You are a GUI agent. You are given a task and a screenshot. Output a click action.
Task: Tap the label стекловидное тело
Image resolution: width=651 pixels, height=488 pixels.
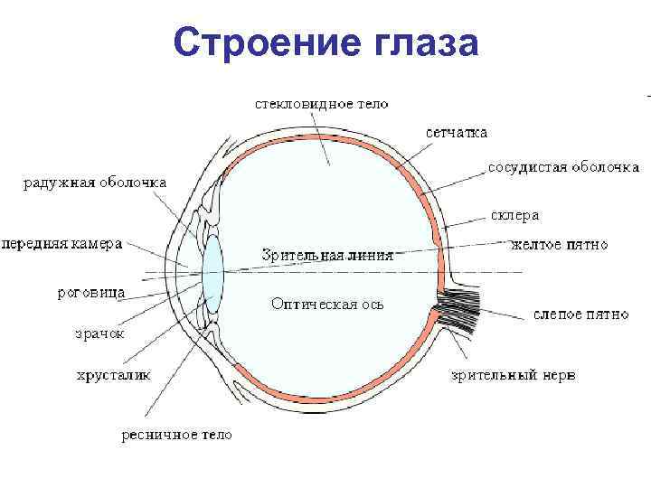point(320,103)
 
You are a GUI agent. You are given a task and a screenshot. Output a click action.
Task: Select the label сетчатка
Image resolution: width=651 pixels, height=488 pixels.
point(457,132)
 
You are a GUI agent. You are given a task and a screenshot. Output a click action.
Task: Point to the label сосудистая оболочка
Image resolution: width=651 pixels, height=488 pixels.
point(563,167)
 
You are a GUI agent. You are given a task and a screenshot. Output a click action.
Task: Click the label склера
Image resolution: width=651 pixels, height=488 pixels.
point(514,215)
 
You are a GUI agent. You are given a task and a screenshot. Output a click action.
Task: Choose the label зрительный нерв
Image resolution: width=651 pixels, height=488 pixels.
point(513,374)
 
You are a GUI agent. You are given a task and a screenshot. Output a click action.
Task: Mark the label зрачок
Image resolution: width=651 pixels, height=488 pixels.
point(99,333)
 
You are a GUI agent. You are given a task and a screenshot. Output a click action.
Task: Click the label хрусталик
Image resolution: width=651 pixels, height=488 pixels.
point(114,373)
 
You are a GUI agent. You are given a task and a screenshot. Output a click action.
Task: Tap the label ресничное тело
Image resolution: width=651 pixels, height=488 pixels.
point(176,435)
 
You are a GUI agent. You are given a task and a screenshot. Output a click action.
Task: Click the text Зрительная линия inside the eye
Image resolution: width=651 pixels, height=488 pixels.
point(326,256)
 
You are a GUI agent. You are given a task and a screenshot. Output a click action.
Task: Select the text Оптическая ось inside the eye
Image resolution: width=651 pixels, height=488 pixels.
point(327,304)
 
